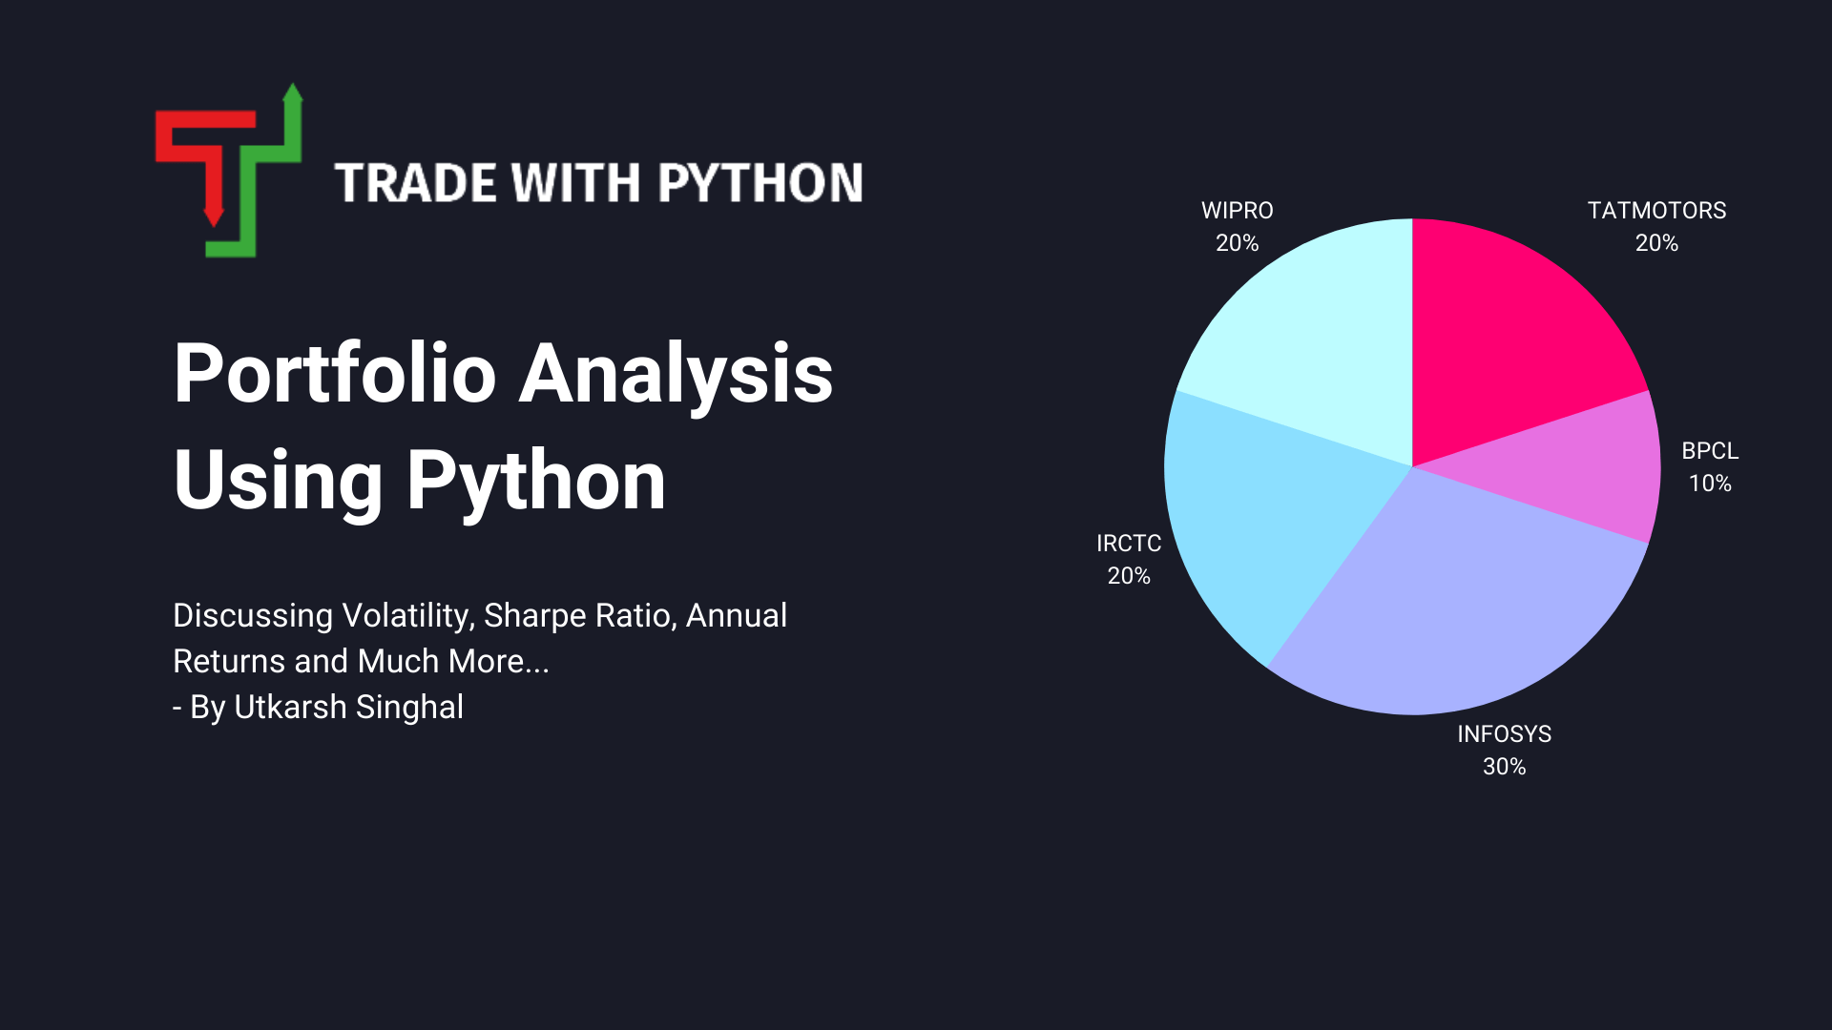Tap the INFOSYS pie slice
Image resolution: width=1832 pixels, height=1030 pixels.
point(1460,610)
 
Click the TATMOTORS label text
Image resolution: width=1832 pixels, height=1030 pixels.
point(1656,211)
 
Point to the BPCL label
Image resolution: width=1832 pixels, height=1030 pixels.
point(1710,451)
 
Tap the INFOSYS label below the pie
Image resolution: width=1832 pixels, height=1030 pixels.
point(1504,734)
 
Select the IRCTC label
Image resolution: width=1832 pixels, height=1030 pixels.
point(1129,544)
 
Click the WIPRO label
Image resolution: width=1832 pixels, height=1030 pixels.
point(1237,211)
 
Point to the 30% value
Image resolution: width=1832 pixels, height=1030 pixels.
point(1504,767)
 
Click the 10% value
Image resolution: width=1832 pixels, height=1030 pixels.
point(1710,484)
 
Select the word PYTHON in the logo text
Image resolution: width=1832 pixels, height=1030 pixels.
point(760,183)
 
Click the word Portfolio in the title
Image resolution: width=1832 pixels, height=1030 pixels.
point(335,374)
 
